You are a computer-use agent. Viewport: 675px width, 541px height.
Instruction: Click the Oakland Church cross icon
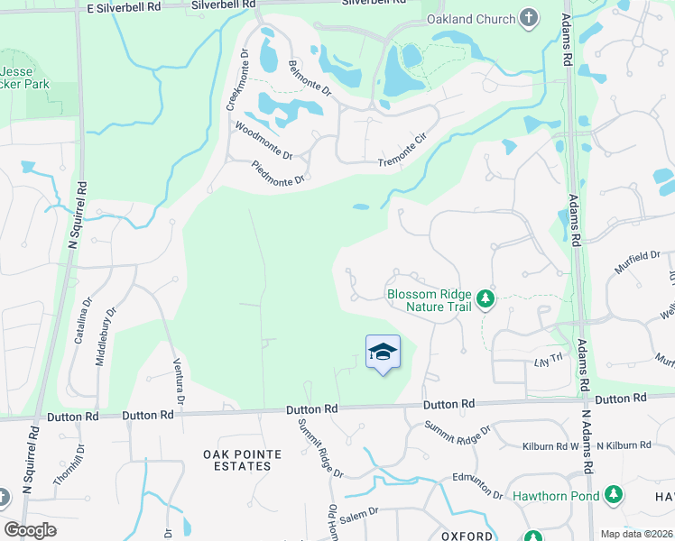pyautogui.click(x=530, y=18)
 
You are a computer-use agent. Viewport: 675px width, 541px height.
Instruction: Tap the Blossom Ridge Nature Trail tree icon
pyautogui.click(x=486, y=298)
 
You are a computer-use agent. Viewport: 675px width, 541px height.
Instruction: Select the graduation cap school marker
pyautogui.click(x=384, y=352)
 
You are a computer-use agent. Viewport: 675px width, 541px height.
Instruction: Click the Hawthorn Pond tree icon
pyautogui.click(x=614, y=495)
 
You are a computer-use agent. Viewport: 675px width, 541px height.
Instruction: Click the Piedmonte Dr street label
pyautogui.click(x=281, y=171)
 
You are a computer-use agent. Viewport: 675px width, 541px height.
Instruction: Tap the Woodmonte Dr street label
pyautogui.click(x=264, y=142)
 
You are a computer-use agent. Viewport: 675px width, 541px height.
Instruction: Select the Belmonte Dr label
pyautogui.click(x=310, y=79)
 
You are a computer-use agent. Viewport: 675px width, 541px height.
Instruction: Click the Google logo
pyautogui.click(x=30, y=529)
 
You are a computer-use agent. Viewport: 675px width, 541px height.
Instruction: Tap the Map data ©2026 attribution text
pyautogui.click(x=635, y=534)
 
